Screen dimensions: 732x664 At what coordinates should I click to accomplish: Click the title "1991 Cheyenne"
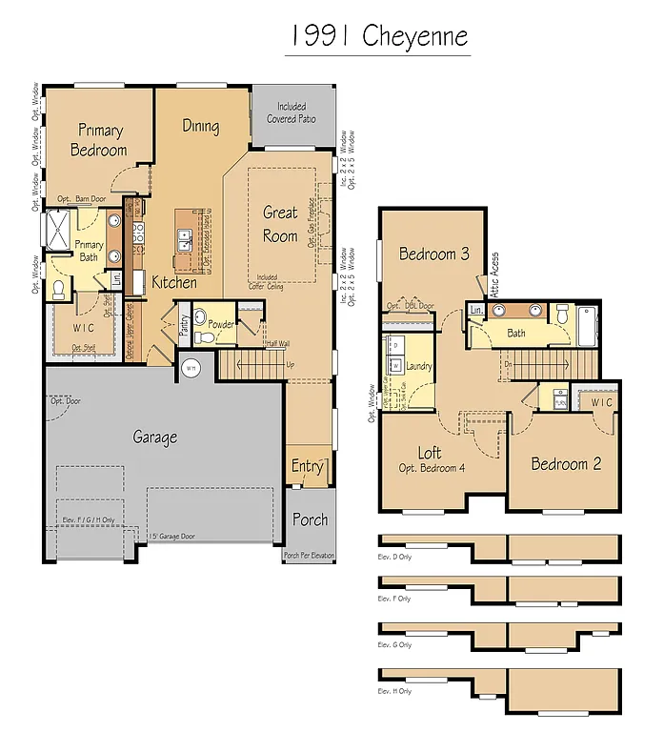379,35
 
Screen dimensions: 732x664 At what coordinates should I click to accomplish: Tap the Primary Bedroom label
99,140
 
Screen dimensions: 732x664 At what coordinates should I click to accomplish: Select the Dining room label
200,126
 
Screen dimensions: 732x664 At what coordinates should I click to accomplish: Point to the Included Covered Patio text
292,112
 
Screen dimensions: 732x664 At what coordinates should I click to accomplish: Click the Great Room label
280,224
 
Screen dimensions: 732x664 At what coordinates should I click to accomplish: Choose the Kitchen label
174,282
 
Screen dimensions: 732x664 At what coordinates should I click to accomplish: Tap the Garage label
154,437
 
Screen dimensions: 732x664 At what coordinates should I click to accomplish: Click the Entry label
307,466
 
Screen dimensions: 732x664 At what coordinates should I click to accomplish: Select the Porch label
309,519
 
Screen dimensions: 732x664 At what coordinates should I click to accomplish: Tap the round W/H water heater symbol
190,367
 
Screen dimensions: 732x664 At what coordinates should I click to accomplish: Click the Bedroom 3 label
433,254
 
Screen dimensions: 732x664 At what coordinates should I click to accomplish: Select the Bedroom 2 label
566,464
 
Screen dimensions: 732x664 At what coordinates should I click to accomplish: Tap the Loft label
430,453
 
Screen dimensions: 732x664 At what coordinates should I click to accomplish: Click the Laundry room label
418,366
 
